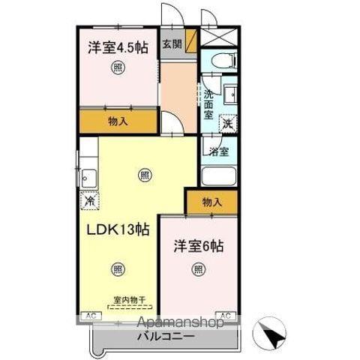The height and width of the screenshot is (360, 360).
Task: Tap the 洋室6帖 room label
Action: (199, 245)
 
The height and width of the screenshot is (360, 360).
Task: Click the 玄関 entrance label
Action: (172, 44)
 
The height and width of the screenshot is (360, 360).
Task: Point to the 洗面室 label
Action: (209, 106)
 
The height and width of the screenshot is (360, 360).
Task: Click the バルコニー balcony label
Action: (166, 337)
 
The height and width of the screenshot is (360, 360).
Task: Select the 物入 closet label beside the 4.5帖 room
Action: (117, 121)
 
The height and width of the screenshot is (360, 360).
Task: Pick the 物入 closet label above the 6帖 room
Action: (212, 202)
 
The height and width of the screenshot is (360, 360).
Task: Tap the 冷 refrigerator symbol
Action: (89, 200)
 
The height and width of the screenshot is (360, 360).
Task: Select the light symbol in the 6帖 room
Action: (198, 269)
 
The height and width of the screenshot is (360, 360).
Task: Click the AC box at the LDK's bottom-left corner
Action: (89, 315)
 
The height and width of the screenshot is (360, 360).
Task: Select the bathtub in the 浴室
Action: (220, 178)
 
